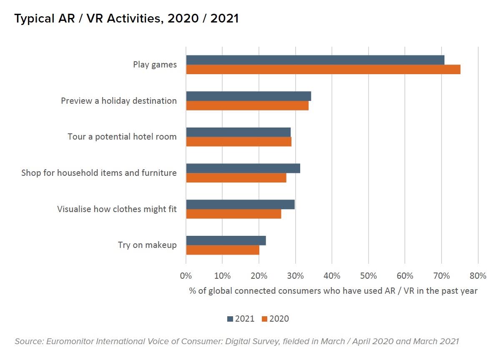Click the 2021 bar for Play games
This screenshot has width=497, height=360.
(315, 60)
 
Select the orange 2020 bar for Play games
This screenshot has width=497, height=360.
(323, 70)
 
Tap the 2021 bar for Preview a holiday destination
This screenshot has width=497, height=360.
(248, 96)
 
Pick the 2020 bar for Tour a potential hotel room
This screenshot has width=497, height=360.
(238, 142)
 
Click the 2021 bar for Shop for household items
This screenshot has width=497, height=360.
(243, 168)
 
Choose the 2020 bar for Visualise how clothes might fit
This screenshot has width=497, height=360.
(233, 214)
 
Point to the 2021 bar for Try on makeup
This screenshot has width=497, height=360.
(226, 240)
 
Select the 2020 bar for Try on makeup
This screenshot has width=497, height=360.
(222, 250)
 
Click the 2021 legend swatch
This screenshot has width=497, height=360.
(230, 319)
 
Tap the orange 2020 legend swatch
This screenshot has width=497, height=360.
(264, 319)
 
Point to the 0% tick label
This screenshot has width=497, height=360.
(186, 276)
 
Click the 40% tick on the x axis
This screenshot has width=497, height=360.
(331, 276)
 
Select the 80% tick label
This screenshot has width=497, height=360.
(478, 276)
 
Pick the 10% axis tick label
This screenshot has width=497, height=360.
(222, 276)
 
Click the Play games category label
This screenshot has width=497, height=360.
(155, 65)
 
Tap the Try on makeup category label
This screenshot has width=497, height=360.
(147, 245)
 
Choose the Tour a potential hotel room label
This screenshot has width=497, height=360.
(122, 137)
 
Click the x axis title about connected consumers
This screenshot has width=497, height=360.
(333, 291)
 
